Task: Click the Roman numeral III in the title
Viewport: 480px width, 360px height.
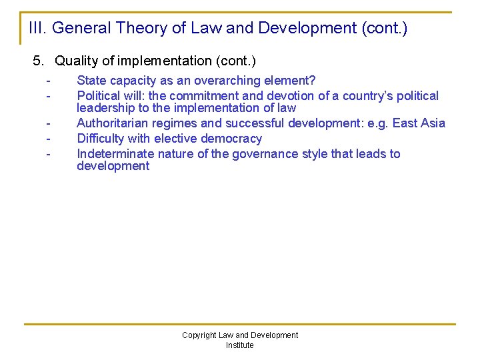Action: [37, 28]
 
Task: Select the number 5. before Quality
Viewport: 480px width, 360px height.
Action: [39, 61]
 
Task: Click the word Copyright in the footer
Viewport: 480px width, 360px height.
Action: [199, 335]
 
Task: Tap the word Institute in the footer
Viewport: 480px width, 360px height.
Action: [239, 345]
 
